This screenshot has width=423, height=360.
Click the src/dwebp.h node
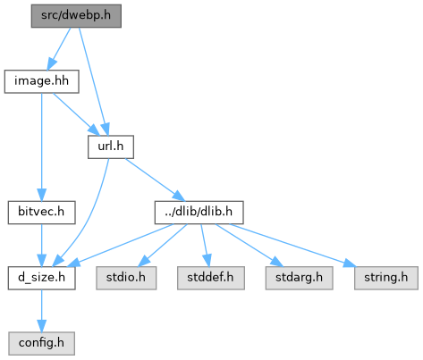point(76,16)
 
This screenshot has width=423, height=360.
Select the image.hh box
point(41,81)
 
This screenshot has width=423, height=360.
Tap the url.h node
point(111,147)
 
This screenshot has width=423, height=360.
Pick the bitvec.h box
point(41,213)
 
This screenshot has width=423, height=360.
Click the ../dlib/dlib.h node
point(199,213)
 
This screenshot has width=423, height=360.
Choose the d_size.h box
point(41,278)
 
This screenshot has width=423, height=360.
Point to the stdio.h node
point(126,278)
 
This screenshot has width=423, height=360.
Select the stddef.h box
point(211,278)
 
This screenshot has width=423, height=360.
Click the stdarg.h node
point(299,278)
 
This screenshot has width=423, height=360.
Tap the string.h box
point(386,278)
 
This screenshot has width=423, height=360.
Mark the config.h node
point(41,343)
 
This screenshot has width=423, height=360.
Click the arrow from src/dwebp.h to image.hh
point(59,48)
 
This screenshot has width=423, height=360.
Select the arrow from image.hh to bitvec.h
point(42,147)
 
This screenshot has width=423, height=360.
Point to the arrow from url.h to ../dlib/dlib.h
point(155,180)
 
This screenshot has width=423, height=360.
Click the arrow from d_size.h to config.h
point(42,311)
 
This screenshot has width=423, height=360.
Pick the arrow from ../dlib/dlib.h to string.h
point(292,245)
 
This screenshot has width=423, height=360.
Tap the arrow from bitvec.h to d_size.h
point(42,246)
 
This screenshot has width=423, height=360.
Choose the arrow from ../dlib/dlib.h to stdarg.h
point(250,245)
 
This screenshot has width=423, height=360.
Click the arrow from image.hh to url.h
point(76,114)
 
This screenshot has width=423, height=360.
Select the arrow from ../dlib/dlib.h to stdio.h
point(163,245)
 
